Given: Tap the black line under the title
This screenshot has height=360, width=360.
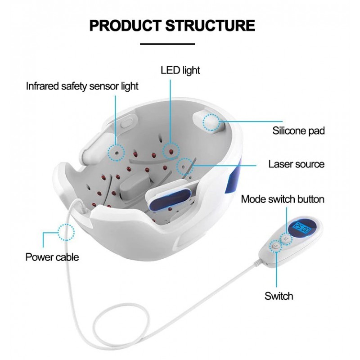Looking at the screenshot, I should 167,44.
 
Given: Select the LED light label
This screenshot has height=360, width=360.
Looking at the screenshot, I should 180,70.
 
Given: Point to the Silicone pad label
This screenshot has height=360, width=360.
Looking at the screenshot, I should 298,131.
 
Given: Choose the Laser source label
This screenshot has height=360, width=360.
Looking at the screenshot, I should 296,164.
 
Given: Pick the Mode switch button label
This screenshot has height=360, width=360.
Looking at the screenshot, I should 283,199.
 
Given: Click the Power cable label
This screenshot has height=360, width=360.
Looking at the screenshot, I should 52,257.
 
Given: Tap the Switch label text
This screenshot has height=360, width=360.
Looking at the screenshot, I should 279,296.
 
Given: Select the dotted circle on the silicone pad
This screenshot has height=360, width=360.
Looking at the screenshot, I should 211,122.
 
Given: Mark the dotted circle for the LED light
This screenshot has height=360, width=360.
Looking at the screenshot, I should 171,149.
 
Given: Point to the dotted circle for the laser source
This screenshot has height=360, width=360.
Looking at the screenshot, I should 184,166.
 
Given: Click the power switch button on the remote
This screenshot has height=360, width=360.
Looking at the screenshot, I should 275,247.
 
